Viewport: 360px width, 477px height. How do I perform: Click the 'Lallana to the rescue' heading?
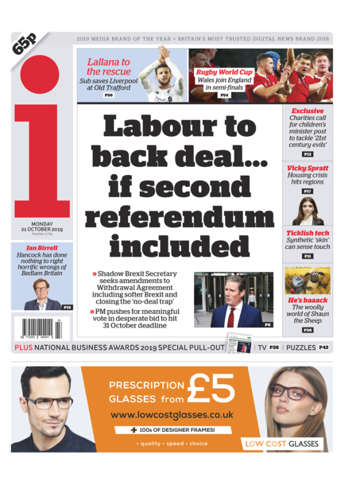pos(109,67)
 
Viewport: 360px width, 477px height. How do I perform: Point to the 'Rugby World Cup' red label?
pos(224,72)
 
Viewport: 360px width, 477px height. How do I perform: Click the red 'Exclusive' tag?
pos(307,111)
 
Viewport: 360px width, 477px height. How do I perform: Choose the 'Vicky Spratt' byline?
pos(307,169)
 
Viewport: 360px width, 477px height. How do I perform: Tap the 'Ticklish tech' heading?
pos(307,234)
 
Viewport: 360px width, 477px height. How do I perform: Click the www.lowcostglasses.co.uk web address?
pos(172,415)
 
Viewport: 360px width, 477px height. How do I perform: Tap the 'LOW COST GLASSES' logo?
pos(281,444)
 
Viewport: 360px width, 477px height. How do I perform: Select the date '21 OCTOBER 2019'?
pos(43,230)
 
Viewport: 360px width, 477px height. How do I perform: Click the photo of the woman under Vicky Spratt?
pos(307,211)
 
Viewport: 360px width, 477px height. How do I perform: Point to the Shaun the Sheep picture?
pos(307,279)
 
